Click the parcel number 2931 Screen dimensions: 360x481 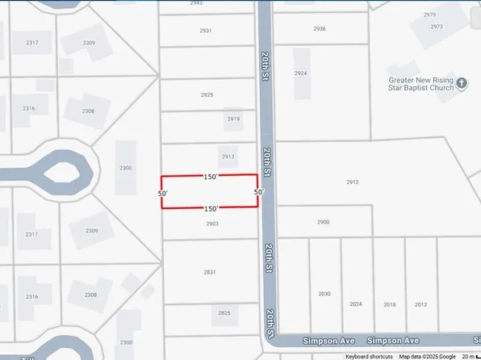[x=206, y=31]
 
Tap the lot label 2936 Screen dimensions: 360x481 [x=320, y=28]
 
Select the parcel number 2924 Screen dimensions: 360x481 [x=301, y=73]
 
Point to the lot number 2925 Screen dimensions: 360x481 [x=207, y=95]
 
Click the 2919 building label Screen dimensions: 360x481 [x=233, y=119]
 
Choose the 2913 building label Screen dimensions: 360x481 [x=228, y=157]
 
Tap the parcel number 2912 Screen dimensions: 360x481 [x=352, y=182]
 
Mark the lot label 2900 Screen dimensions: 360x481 [x=323, y=222]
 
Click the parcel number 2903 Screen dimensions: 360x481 [x=212, y=224]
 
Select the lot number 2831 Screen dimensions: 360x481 [x=210, y=272]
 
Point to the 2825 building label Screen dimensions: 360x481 [x=224, y=312]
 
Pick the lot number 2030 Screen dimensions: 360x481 [x=324, y=294]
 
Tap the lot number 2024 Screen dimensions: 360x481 [x=356, y=304]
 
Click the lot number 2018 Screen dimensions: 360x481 [x=389, y=304]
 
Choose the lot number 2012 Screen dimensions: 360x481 [x=420, y=304]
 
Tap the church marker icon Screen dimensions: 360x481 [x=462, y=82]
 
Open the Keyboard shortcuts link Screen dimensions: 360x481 [x=369, y=356]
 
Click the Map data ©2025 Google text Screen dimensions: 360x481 [x=427, y=356]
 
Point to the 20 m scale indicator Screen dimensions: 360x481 [x=468, y=356]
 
